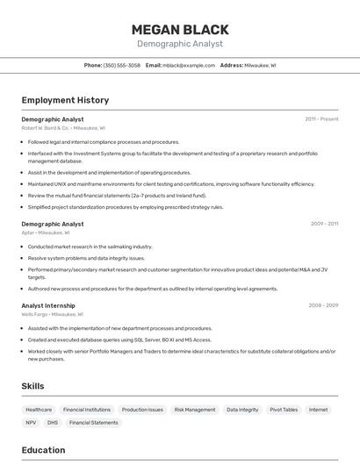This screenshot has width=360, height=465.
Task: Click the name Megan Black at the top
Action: (180, 30)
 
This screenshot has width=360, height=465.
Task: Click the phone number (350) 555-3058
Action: (121, 65)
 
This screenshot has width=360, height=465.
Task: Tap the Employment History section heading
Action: (65, 100)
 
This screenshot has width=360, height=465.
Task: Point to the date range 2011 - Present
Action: (321, 119)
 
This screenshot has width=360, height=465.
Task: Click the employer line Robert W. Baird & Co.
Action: (63, 128)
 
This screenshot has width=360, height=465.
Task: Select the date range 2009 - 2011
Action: (324, 224)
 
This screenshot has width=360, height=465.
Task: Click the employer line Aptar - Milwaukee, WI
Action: (46, 232)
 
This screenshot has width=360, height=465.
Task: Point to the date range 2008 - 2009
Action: (323, 305)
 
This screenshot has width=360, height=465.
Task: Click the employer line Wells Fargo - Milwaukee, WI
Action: (53, 314)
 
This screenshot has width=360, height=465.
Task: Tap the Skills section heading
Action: (32, 386)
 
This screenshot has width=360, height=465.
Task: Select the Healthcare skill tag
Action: (39, 410)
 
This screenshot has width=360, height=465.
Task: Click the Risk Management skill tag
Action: (194, 410)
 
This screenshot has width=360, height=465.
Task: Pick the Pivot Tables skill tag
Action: (284, 410)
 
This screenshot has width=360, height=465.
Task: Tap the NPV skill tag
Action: (31, 423)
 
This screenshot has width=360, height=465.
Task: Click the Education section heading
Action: (43, 450)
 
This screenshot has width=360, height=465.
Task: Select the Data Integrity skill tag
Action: (242, 410)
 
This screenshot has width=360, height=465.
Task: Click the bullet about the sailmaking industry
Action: (90, 247)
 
